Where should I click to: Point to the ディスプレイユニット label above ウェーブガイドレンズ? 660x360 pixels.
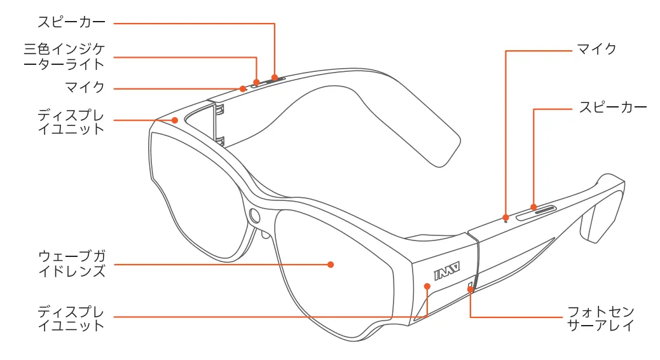[x=71, y=121]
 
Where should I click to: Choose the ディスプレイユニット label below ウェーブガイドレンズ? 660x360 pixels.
[x=71, y=318]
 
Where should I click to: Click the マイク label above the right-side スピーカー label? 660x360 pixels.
[x=596, y=49]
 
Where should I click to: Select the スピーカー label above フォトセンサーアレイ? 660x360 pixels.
[x=612, y=107]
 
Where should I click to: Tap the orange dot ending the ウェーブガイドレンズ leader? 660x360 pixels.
[x=331, y=264]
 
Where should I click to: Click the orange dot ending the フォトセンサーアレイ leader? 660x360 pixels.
[x=471, y=289]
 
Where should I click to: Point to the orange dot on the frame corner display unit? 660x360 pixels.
[x=175, y=120]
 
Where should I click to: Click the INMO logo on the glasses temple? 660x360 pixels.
[x=448, y=273]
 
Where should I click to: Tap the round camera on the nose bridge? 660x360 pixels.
[x=256, y=215]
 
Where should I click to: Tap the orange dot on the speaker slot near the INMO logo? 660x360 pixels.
[x=533, y=207]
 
